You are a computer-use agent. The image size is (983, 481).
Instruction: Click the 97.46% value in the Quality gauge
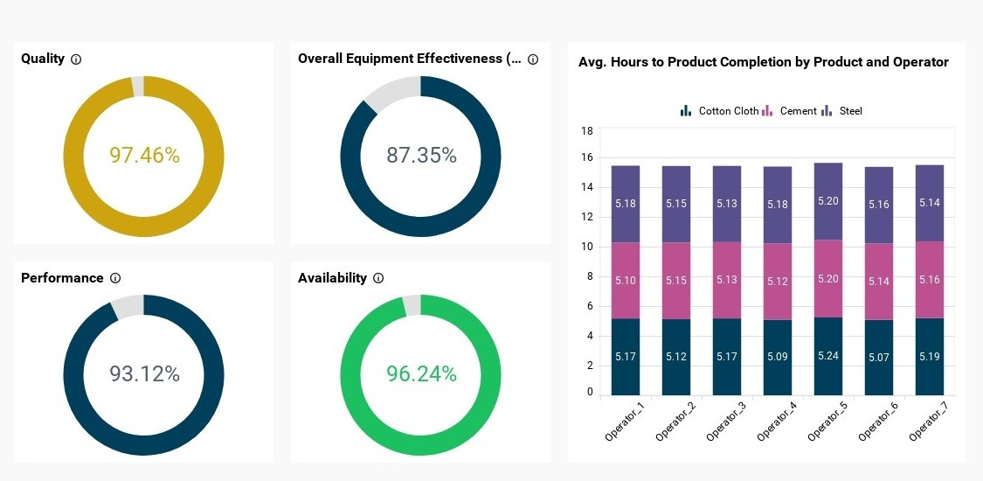(x=144, y=156)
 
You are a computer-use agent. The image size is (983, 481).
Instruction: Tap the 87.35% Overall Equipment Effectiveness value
(x=421, y=156)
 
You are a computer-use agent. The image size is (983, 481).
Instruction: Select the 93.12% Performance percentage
(x=144, y=374)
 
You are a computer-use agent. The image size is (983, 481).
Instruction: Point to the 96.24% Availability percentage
(x=421, y=374)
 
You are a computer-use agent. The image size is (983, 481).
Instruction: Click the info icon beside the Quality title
(x=76, y=59)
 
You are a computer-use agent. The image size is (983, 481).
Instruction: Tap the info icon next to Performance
(x=115, y=278)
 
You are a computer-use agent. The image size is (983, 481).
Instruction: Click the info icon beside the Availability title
(x=378, y=278)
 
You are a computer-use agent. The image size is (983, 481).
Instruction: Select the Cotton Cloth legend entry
(x=720, y=111)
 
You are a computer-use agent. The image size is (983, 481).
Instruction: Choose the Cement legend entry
(x=790, y=111)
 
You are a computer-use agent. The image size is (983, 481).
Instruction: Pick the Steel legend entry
(x=842, y=111)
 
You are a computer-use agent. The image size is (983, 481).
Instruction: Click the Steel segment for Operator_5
(x=828, y=201)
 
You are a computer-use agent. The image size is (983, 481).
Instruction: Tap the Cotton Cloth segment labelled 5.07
(x=879, y=357)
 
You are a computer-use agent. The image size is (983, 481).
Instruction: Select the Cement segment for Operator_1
(x=626, y=281)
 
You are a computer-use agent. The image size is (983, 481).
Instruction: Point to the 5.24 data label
(x=828, y=356)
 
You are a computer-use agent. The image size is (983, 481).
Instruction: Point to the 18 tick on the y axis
(x=587, y=131)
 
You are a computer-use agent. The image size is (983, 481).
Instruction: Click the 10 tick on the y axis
(x=587, y=247)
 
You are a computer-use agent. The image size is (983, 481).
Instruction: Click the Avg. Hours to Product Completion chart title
(x=763, y=62)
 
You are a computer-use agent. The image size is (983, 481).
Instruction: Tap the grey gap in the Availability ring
(x=411, y=305)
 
